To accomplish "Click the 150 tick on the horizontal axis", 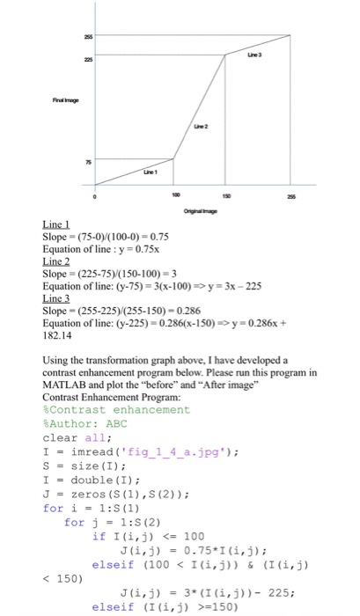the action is (224, 194).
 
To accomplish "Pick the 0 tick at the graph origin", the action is (95, 194).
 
